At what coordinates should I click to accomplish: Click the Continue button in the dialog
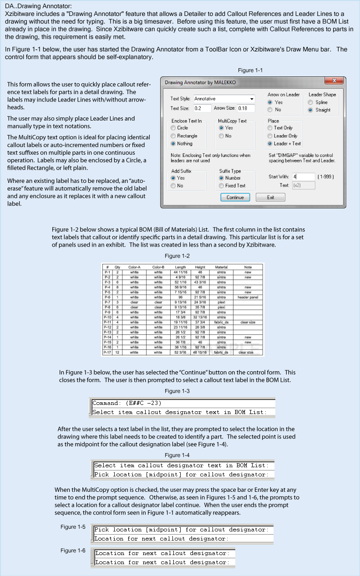point(235,197)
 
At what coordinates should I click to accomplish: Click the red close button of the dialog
point(335,81)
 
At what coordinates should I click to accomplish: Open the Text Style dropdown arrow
point(252,99)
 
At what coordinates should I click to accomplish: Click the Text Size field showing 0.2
point(202,108)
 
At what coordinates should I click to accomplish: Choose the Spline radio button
point(311,102)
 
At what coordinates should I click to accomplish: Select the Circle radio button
point(173,128)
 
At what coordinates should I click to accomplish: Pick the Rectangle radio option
point(173,136)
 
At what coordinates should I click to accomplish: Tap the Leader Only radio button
point(270,136)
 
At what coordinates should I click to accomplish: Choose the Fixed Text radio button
point(222,186)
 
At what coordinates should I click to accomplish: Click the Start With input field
point(303,177)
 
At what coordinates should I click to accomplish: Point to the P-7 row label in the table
point(107,302)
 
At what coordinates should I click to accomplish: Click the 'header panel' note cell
point(248,297)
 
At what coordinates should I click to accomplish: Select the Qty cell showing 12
point(117,352)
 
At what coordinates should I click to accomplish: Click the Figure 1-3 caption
point(177,391)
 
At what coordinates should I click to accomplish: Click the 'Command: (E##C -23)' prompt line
point(127,403)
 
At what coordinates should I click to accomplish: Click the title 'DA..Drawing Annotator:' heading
point(38,6)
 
